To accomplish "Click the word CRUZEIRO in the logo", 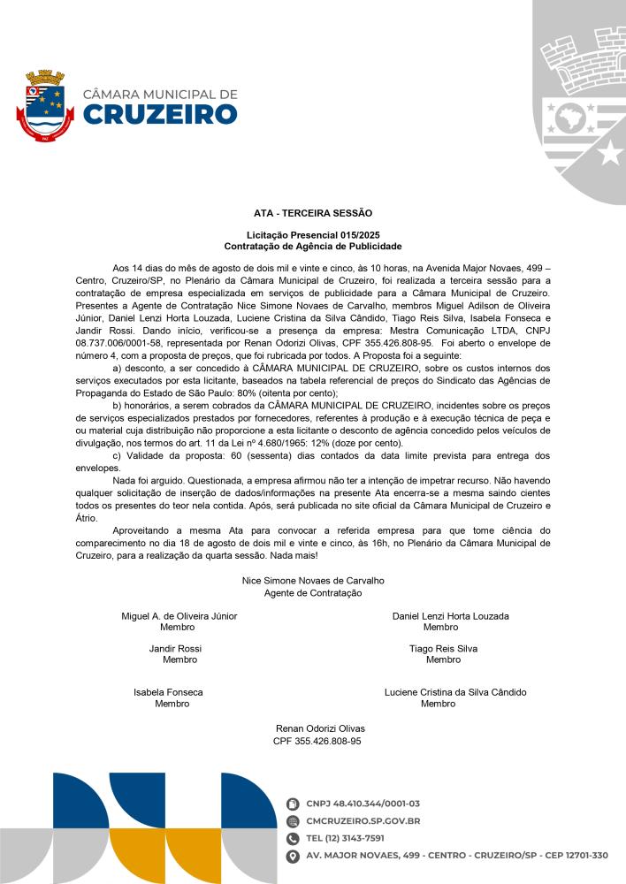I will tap(160, 115).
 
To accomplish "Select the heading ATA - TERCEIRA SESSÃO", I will tap(313, 213).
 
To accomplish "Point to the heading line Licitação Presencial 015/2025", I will tap(313, 234).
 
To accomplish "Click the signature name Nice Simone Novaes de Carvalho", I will tap(313, 581).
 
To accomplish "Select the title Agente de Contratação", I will tap(313, 592).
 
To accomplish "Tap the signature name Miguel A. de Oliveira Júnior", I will tap(179, 615).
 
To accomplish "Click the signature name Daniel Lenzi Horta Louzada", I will tap(450, 615).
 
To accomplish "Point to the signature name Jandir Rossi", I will tap(176, 648).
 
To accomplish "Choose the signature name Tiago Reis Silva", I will tap(443, 648).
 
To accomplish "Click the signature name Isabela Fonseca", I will tap(168, 692).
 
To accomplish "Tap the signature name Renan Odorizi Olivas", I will tap(320, 728).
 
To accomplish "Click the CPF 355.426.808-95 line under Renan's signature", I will tap(317, 741).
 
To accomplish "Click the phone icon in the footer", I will tap(294, 838).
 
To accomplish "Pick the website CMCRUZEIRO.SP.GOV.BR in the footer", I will tap(363, 821).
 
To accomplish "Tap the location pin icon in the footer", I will tap(294, 856).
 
